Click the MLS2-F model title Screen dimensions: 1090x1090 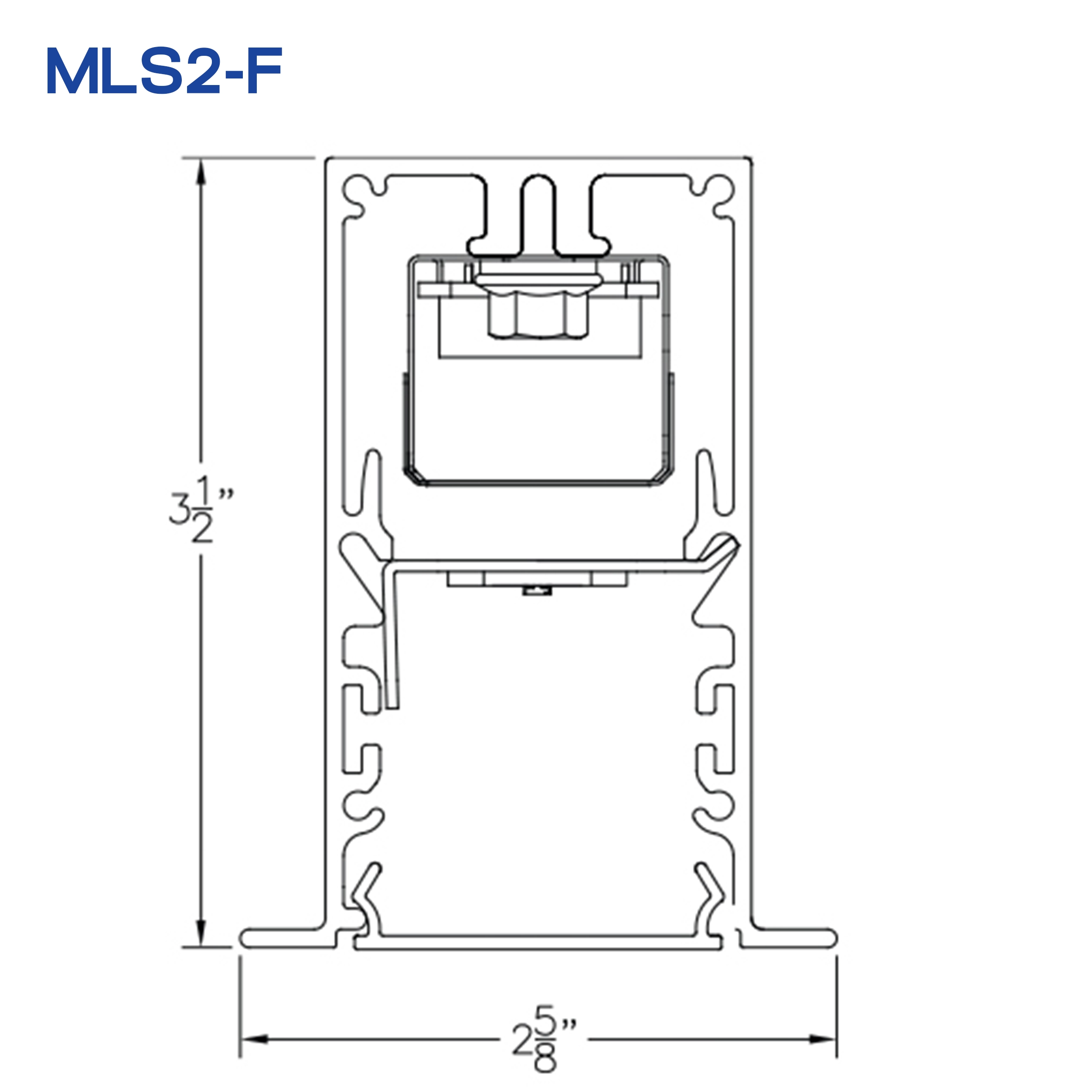tap(163, 72)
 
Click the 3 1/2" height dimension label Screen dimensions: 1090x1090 tap(198, 509)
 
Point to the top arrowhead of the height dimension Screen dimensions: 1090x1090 tap(200, 173)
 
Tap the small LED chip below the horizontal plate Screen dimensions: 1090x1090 tap(537, 591)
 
